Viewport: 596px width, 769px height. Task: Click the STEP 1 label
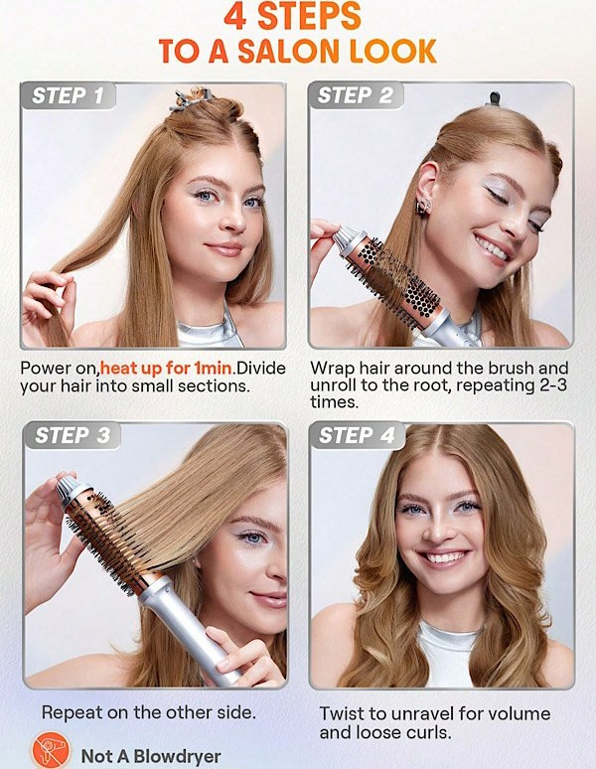coord(69,95)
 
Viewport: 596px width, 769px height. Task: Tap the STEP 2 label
coord(356,95)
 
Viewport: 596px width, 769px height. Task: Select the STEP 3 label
coord(73,435)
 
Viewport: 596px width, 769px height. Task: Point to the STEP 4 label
coord(357,435)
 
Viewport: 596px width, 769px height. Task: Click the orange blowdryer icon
coord(51,751)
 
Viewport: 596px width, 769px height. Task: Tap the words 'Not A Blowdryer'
coord(151,756)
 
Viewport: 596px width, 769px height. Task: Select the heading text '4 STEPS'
coord(293,16)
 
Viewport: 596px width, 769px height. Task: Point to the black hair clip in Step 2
coord(495,98)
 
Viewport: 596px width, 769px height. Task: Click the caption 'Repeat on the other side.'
coord(149,712)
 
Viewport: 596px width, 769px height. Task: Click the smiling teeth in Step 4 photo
coord(443,557)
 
